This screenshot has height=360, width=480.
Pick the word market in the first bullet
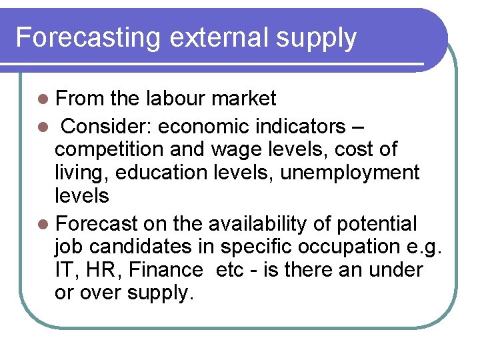coord(243,99)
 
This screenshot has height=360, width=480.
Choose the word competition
coord(111,150)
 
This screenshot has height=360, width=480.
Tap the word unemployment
coord(349,173)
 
